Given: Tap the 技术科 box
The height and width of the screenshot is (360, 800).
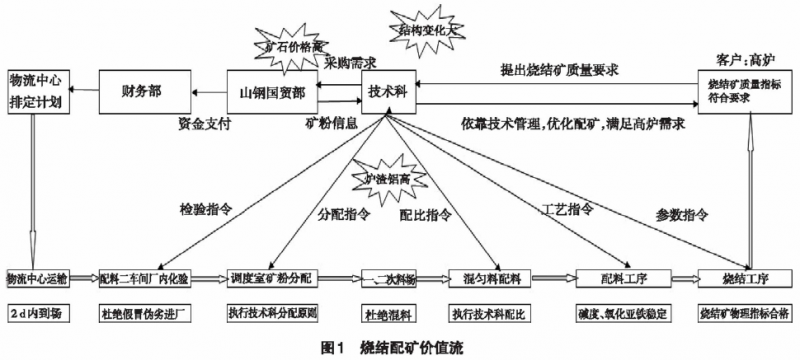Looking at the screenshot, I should (389, 91).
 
